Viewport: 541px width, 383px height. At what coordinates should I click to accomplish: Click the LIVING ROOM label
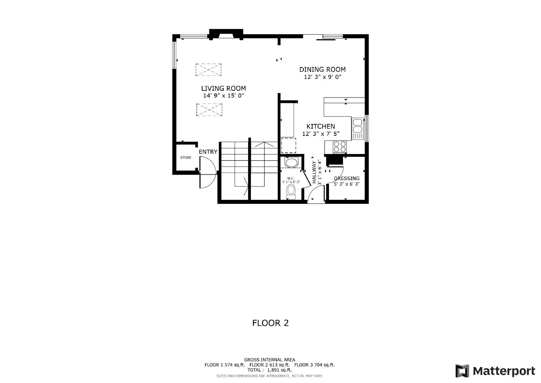click(224, 88)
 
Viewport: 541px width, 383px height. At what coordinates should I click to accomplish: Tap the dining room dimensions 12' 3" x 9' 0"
click(322, 77)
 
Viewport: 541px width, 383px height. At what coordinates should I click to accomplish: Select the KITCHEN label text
click(321, 126)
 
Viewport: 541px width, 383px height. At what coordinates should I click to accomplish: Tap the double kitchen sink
click(357, 125)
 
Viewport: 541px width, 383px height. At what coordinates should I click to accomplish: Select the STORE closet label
click(185, 158)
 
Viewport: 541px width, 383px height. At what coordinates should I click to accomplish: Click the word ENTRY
click(208, 152)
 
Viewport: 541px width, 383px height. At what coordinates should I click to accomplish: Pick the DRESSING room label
click(347, 178)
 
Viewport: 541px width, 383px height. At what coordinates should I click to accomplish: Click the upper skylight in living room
click(208, 69)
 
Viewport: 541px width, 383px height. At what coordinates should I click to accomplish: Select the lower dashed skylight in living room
click(209, 110)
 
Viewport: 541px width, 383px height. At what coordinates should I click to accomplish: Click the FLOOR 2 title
click(270, 323)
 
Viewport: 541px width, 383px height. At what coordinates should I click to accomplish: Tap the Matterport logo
click(495, 371)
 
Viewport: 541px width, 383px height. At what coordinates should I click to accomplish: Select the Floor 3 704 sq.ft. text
click(314, 365)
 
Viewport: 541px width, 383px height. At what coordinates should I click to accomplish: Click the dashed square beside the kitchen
click(288, 145)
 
